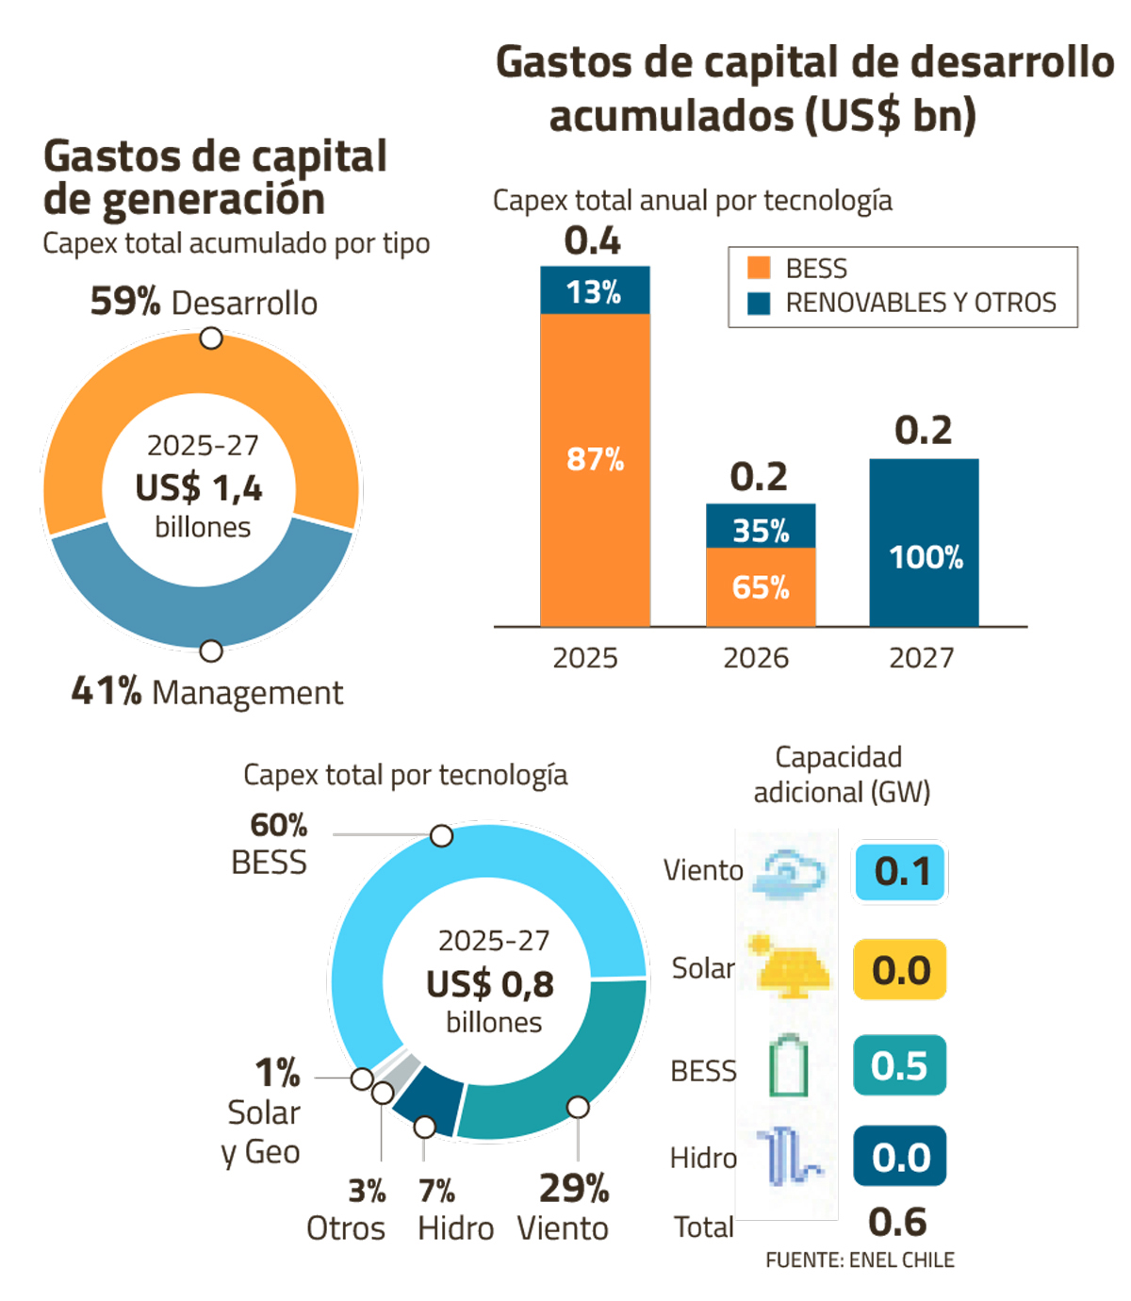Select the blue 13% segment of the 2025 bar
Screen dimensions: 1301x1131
(595, 290)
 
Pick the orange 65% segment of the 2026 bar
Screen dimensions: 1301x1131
(761, 587)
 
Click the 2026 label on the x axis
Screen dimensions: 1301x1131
(756, 658)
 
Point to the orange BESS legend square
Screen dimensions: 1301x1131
(759, 269)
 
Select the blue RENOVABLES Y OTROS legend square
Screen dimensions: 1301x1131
(759, 303)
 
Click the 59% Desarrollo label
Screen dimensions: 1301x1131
(204, 303)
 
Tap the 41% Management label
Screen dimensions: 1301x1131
(207, 692)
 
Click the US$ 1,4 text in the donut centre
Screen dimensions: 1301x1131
(199, 488)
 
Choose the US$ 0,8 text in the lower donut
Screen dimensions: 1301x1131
(490, 984)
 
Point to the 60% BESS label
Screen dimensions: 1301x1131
(270, 844)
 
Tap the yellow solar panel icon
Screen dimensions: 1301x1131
(790, 967)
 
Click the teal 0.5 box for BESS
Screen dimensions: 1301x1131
(899, 1065)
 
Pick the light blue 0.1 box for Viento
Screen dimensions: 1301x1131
(900, 872)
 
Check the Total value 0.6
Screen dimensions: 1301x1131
(898, 1223)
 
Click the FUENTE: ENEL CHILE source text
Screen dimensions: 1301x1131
(860, 1260)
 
